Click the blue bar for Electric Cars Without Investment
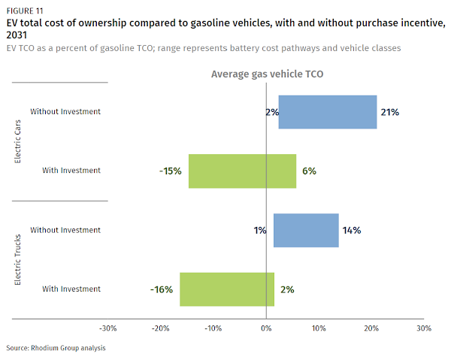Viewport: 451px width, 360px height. tap(328, 112)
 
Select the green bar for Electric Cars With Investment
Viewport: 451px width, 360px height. tap(242, 171)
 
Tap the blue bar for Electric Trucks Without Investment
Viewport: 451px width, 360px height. tap(306, 230)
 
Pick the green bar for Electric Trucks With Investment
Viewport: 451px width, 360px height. tap(227, 289)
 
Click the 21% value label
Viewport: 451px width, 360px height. tap(389, 112)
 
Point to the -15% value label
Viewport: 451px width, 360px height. tap(171, 171)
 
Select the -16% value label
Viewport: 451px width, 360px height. tap(162, 289)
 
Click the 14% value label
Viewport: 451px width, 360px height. tap(351, 230)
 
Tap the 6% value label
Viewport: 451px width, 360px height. tap(309, 171)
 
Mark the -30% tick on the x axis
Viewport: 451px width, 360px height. tap(108, 328)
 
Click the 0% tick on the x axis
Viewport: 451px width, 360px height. tap(266, 328)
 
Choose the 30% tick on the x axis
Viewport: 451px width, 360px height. tap(424, 328)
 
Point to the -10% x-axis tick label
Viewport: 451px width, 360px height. tap(213, 328)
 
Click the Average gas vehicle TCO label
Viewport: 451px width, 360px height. tap(267, 74)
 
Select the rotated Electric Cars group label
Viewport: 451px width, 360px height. tap(19, 141)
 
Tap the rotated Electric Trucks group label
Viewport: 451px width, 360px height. tap(19, 259)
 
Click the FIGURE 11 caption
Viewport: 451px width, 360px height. tap(25, 10)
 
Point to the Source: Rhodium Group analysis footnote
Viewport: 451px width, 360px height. tap(56, 348)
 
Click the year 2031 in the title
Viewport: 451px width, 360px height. tap(19, 35)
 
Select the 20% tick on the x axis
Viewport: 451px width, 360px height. tap(371, 328)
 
